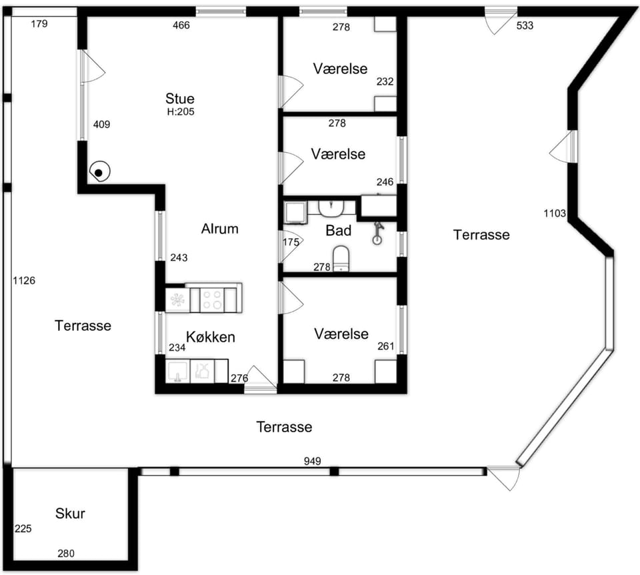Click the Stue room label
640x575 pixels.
(179, 99)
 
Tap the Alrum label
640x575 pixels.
(219, 229)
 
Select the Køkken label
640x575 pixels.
(211, 337)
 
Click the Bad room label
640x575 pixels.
(339, 231)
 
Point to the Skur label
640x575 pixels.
(70, 514)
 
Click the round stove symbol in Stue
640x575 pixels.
(99, 172)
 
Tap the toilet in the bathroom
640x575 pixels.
(341, 259)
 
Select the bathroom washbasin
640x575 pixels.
(331, 208)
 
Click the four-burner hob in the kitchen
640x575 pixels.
(212, 300)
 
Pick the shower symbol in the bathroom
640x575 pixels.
(378, 233)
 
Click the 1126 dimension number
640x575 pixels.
(24, 281)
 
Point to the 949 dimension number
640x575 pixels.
(312, 461)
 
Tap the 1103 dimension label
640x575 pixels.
(555, 213)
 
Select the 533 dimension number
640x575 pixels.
(525, 25)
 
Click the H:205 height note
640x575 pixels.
(181, 111)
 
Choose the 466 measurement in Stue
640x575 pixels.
(181, 25)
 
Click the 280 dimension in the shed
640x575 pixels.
(66, 554)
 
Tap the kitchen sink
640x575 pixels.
(177, 372)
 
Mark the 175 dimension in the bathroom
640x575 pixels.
(291, 242)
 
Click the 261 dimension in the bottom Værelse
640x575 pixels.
(386, 346)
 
